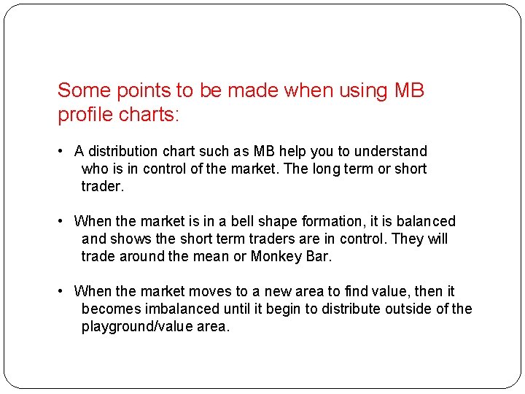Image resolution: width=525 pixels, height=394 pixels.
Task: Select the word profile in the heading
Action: [85, 115]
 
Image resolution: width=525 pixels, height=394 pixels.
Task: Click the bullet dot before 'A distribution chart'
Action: [62, 152]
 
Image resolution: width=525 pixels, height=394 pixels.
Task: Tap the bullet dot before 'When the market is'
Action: [62, 222]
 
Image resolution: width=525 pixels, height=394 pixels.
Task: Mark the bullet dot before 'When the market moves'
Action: [62, 292]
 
